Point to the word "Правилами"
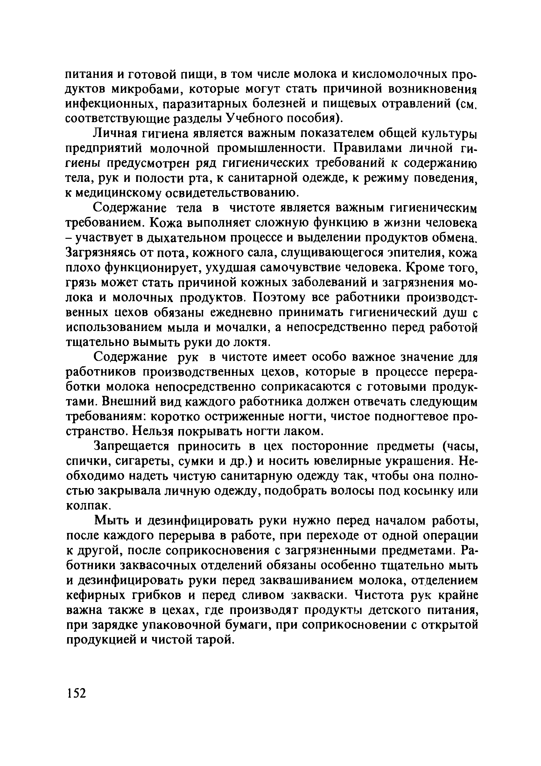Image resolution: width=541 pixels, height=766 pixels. [367, 148]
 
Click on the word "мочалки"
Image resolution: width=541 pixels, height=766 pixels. [243, 328]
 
